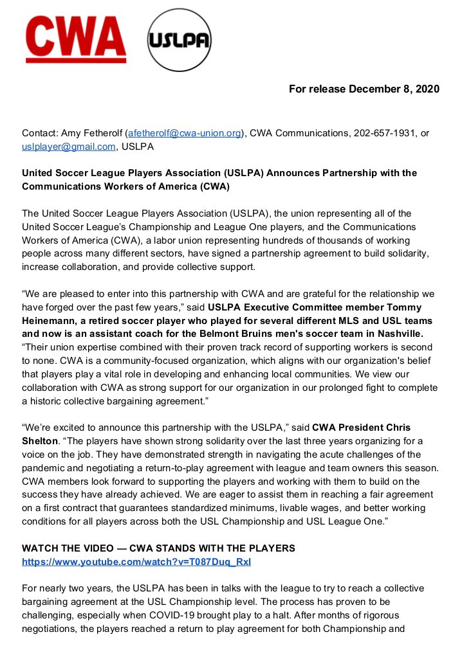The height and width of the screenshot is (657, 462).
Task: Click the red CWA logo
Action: point(75,40)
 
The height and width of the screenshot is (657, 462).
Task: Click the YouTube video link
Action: point(136,561)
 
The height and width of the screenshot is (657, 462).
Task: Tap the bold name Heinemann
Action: point(50,321)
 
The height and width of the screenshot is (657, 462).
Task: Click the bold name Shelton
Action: point(41,441)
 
